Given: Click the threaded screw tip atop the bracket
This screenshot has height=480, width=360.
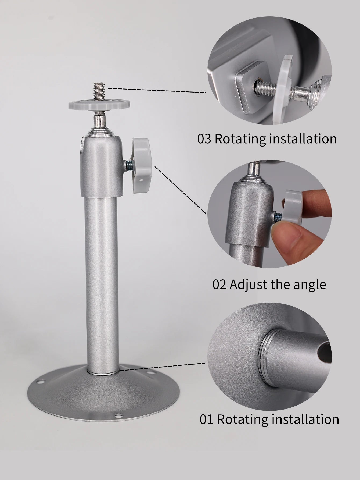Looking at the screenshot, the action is point(99,92).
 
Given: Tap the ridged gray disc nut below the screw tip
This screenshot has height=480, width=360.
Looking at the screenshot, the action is point(99,105).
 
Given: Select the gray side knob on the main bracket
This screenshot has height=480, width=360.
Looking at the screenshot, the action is point(140,160).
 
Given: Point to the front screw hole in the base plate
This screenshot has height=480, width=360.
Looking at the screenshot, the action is point(117,416).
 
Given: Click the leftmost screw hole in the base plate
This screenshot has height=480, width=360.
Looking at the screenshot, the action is point(41,381).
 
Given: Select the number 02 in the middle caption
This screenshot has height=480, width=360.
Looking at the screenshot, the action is point(219,285).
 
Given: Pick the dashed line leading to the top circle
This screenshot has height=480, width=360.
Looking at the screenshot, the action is point(157,90).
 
